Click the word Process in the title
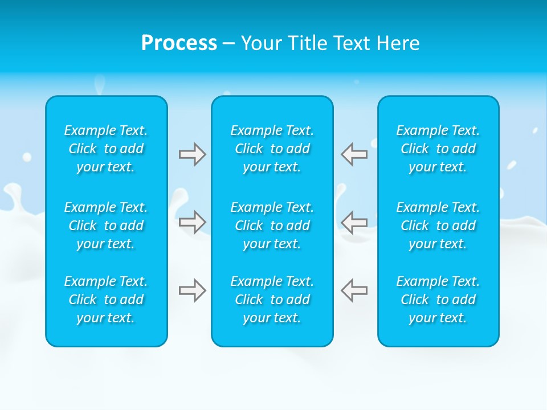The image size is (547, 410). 179,43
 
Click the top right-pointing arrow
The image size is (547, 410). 192,154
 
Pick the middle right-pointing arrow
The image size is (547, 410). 192,222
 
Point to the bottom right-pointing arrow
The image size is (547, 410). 192,290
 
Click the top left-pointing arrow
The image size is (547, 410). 354,154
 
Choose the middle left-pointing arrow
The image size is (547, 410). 354,222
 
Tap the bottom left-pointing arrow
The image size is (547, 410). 354,290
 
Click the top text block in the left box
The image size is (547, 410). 106,149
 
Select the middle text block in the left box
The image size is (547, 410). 106,225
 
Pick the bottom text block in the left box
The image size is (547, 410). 106,300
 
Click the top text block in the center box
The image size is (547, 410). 272,149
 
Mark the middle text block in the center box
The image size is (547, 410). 272,225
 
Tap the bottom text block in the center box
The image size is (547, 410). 272,300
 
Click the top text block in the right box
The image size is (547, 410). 438,149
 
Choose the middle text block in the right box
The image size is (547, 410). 438,225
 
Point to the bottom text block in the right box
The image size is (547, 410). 438,300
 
